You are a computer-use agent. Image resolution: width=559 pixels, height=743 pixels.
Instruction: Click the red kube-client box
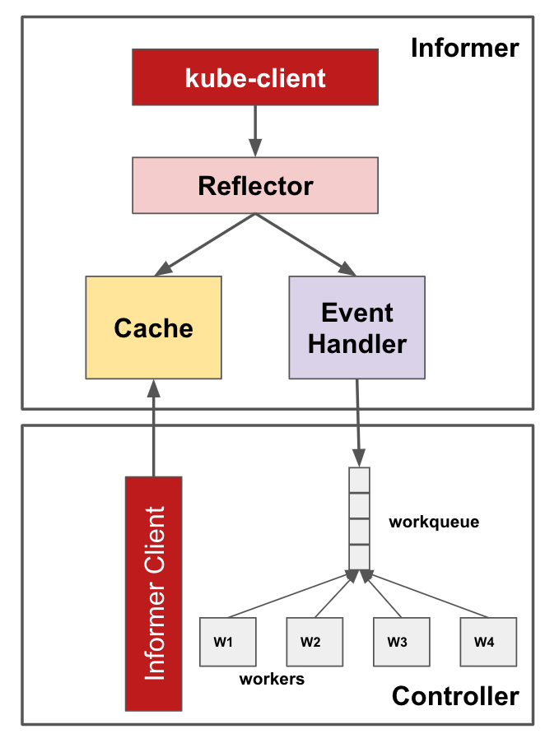click(x=255, y=78)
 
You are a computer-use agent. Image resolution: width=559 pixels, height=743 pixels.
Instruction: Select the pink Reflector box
click(x=255, y=186)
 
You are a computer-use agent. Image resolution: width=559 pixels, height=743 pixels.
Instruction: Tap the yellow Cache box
click(x=153, y=327)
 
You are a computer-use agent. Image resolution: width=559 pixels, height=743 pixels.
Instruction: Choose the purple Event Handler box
click(x=356, y=327)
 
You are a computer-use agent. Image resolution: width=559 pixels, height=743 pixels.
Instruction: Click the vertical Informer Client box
click(x=153, y=593)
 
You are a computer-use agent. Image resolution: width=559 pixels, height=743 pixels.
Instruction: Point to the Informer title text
click(x=464, y=48)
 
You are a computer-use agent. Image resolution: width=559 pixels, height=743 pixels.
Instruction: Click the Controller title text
click(x=454, y=696)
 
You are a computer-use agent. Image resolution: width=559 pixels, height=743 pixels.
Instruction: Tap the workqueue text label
click(x=434, y=522)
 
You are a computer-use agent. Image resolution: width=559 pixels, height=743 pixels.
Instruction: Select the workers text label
click(x=272, y=680)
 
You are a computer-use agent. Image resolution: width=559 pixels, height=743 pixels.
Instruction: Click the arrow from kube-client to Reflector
click(x=255, y=131)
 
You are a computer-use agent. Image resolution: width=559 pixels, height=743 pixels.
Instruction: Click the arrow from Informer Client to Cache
click(x=153, y=428)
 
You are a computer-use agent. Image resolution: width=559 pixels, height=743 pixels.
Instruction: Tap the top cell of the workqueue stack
click(x=359, y=480)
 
